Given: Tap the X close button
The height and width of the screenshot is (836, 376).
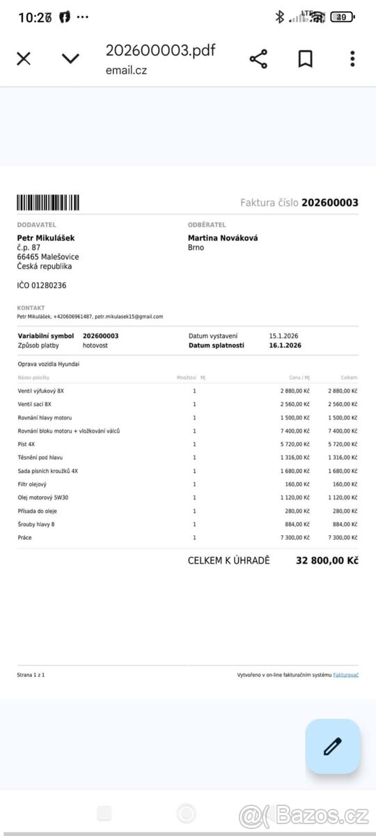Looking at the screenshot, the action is point(24,59).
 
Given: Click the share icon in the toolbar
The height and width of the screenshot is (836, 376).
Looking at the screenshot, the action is point(258,59).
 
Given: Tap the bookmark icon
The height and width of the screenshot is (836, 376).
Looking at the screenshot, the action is point(305,59).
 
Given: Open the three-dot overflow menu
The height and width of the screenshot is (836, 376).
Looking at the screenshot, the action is point(352,59).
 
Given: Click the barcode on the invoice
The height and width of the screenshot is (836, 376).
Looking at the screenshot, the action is point(48,203).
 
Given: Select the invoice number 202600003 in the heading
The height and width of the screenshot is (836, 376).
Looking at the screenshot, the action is point(330,203).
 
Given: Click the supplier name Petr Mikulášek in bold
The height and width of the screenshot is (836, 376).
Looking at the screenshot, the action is point(46,238).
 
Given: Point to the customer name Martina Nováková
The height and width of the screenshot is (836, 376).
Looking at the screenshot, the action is point(223,238).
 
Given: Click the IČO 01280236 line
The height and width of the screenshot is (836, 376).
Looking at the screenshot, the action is point(42,285).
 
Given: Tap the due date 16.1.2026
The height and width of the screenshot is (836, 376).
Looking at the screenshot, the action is point(285,345).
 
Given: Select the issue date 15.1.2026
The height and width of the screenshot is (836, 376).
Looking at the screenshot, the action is point(285,336).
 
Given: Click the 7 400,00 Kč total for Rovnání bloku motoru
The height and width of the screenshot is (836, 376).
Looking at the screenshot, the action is point(343,431).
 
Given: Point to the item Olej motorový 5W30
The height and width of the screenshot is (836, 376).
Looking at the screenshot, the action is point(43,497).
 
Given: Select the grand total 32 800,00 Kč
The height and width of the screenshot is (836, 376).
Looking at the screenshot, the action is point(327,560).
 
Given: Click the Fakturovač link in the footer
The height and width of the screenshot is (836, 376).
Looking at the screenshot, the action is point(346,675).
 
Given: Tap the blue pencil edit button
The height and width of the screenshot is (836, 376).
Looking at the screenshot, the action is point(333,746).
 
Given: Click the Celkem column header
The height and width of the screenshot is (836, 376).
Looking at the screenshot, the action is point(350,378).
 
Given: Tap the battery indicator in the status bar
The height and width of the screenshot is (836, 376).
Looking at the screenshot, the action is point(342,17).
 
